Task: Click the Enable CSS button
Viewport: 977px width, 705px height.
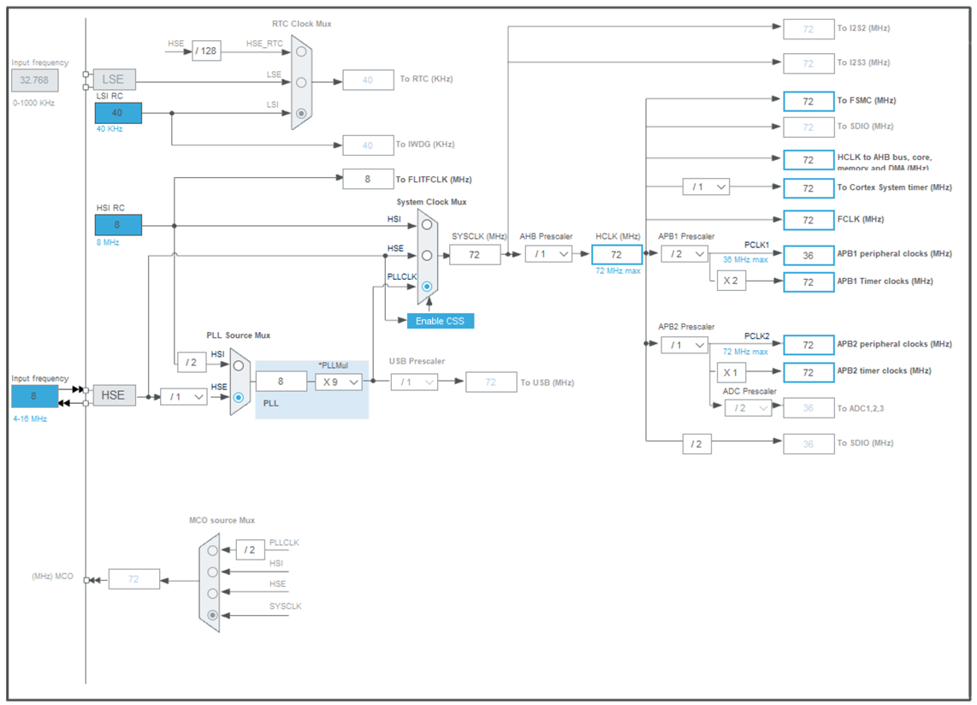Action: point(440,321)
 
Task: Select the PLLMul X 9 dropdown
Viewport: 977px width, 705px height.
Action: point(339,382)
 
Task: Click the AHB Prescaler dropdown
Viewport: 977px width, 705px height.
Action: point(548,253)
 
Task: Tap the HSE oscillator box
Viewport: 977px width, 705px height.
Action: point(114,395)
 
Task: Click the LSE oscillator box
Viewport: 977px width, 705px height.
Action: point(114,80)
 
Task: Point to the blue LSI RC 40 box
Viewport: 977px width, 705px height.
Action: point(118,113)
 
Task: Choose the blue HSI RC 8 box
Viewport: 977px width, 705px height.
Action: point(118,225)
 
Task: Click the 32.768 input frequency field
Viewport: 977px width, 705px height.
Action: point(35,81)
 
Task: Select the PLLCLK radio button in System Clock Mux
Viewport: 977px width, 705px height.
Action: point(427,287)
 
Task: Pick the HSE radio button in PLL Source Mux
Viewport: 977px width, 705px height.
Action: point(239,398)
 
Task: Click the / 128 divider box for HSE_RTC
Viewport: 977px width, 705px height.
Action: point(205,51)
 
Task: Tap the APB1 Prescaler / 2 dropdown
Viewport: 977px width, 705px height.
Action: point(684,254)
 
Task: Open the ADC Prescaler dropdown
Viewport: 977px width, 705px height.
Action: point(748,408)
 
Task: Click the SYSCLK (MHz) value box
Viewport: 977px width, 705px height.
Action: point(475,254)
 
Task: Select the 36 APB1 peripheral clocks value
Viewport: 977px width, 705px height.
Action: point(808,255)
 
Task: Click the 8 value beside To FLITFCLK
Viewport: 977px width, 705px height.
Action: point(368,179)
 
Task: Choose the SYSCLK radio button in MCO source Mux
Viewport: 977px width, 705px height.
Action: point(213,614)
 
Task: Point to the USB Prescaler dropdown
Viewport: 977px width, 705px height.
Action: point(414,382)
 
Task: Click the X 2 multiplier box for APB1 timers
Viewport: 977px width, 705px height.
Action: point(731,281)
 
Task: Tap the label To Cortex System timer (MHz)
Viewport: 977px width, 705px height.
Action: point(894,187)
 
